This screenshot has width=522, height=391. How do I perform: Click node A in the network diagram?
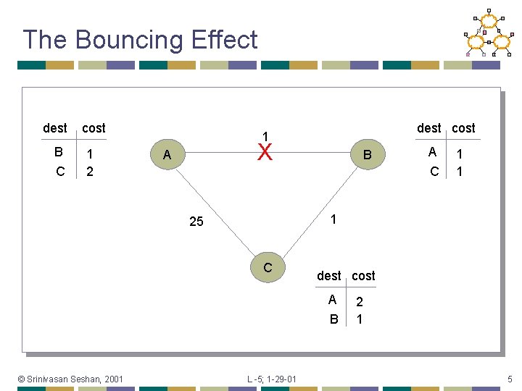tap(167, 154)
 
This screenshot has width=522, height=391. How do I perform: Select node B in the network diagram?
tap(367, 154)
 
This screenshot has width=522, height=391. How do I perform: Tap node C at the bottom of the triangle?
tap(268, 268)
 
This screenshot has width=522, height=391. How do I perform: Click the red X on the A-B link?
tap(265, 153)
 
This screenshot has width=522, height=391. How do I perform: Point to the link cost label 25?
tap(196, 222)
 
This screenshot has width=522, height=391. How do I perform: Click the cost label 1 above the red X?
tap(265, 136)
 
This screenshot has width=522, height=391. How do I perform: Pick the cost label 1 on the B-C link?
tap(331, 218)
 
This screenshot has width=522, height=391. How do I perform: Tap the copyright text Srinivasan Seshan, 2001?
tap(70, 378)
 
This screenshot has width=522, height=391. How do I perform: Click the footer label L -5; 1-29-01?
tap(271, 378)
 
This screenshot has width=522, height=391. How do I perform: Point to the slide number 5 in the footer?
tap(510, 378)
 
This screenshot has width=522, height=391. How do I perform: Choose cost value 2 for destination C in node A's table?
tap(89, 172)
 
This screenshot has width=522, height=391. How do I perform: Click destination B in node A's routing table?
tap(59, 153)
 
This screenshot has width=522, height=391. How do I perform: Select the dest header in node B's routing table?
tap(428, 128)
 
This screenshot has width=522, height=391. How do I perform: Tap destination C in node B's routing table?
tap(434, 172)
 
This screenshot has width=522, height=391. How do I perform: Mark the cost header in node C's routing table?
tap(363, 276)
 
